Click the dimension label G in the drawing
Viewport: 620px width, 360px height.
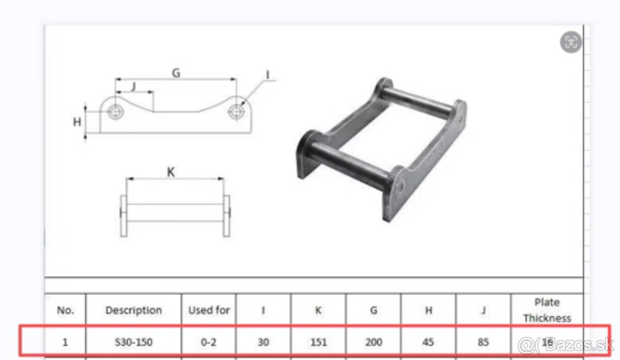(176, 73)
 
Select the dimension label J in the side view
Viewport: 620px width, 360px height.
(133, 86)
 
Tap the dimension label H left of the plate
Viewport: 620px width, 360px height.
(77, 122)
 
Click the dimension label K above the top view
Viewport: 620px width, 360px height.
(171, 173)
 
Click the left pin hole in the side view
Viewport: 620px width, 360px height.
(115, 111)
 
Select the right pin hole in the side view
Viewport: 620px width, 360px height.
(237, 111)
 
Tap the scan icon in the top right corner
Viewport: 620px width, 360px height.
(571, 43)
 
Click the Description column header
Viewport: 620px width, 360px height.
(133, 310)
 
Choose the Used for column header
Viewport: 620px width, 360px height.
(209, 310)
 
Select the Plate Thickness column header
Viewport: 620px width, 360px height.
(547, 310)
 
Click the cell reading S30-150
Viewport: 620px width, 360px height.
(133, 342)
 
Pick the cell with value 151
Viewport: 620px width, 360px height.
(318, 342)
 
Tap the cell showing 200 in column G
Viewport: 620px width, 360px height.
(374, 342)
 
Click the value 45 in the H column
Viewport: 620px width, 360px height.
(428, 342)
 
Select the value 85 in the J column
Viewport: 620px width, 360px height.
(483, 342)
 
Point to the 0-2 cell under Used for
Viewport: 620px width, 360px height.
(209, 342)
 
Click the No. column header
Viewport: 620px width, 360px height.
(65, 310)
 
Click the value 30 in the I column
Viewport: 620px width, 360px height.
(263, 342)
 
